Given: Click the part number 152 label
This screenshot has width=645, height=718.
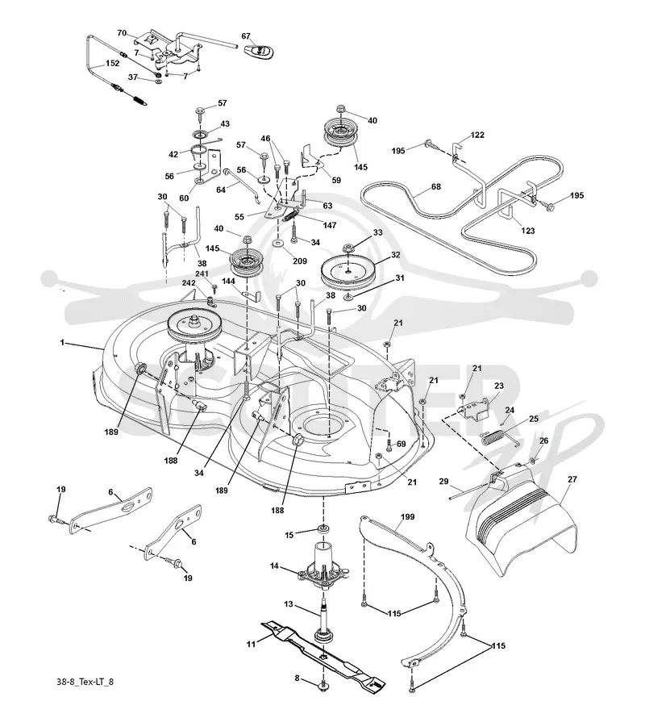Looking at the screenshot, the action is coord(113,64).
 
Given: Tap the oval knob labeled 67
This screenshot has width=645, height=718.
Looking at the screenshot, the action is coord(260,52).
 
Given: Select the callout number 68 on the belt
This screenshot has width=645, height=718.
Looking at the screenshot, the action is coord(436,187).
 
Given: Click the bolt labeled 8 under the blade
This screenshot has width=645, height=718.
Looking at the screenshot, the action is coord(324,686).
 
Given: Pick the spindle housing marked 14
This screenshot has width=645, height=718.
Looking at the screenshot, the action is coord(324,568).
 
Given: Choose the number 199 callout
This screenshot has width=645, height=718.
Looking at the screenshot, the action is coord(407,517).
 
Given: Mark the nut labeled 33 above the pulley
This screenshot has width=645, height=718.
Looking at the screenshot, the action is coord(348,248).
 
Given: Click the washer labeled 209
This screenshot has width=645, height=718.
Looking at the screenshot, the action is coord(279,242).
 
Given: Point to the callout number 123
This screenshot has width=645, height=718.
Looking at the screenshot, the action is coord(528,231).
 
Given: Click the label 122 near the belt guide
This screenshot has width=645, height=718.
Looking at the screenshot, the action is coord(477,135).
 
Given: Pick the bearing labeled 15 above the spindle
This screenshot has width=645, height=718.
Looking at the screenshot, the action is coord(324,529).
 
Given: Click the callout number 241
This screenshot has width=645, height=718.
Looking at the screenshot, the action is coord(202,273).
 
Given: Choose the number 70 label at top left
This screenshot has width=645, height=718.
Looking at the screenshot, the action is coord(122,33).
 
